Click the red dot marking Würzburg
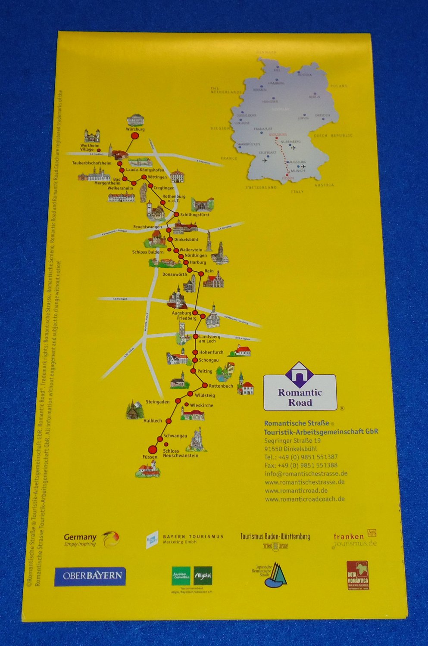pos(134,136)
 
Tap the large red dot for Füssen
pos(152,449)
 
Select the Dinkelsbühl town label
pos(186,239)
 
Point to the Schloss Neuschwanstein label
pos(181,453)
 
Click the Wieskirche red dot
pos(186,404)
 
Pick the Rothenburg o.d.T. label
pos(174,198)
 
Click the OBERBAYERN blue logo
pos(90,576)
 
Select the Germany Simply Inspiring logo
pos(91,539)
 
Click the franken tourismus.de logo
pos(355,539)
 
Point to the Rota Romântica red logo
pos(358,575)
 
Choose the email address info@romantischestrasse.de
pos(306,474)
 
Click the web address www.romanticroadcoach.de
pos(305,499)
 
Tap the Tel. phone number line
pos(301,457)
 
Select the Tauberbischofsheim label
pos(92,163)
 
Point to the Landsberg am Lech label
pos(209,339)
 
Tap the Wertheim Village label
pos(90,147)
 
